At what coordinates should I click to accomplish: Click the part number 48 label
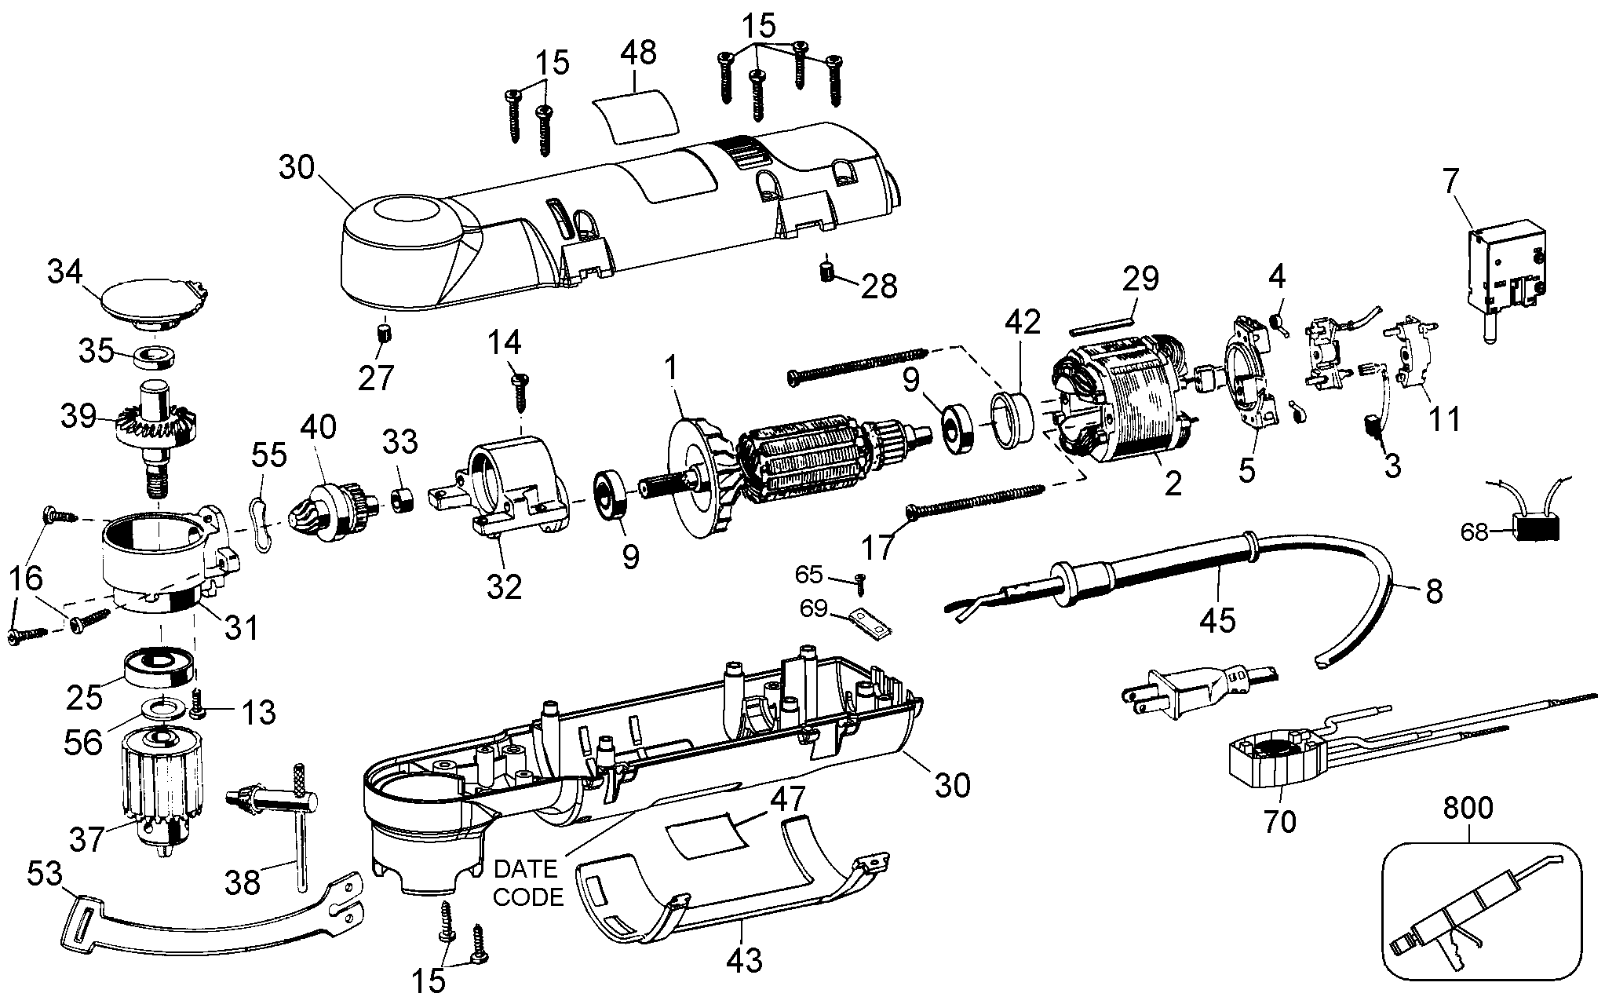point(637,53)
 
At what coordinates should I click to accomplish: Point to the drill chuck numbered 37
point(162,793)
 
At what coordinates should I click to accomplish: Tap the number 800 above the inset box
point(1468,809)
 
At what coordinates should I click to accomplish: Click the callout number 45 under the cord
point(1217,619)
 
